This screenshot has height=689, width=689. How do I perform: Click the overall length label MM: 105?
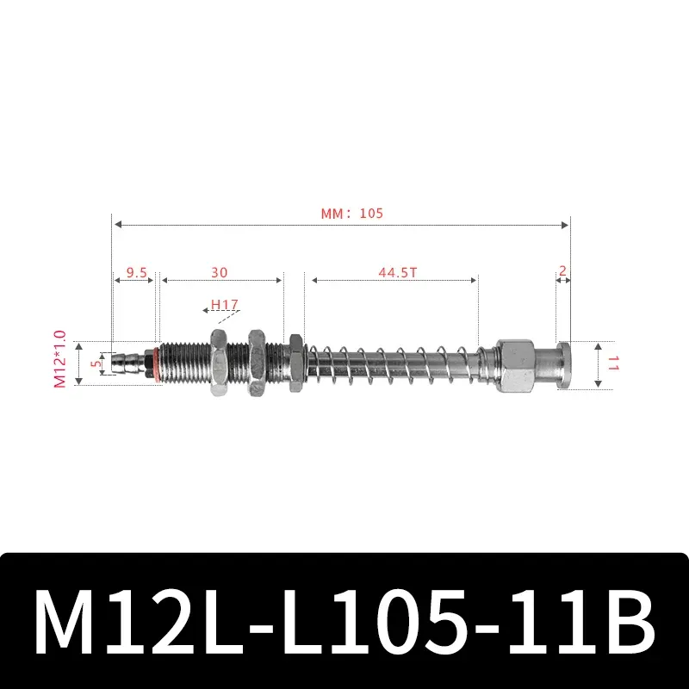351,213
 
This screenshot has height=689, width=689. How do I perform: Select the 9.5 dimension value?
137,271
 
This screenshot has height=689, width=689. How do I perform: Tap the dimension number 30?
220,271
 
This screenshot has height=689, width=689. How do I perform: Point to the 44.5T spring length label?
395,271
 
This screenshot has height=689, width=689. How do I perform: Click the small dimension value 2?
562,270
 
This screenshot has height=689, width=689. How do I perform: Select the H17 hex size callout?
224,305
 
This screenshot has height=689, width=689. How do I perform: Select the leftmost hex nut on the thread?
216,363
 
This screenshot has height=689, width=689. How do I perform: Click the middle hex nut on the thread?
257,363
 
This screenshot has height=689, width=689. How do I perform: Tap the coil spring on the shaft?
392,363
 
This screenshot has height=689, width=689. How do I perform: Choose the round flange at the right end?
564,363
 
